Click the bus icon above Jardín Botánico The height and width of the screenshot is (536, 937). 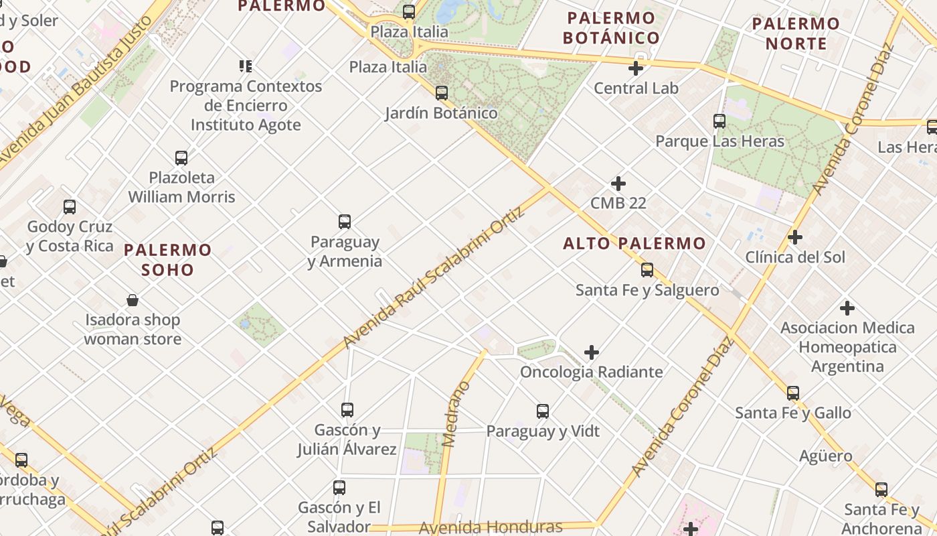[442, 93]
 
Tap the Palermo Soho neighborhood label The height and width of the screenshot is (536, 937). [167, 260]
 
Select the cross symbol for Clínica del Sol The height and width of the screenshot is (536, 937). [795, 237]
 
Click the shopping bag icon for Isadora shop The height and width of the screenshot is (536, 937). [133, 300]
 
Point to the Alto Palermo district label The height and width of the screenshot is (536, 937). [634, 243]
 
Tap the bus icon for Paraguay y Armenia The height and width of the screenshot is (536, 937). [345, 222]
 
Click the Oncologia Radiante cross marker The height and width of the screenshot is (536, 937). [592, 352]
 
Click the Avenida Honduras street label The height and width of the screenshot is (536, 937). [491, 527]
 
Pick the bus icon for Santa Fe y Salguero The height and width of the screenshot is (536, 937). [647, 270]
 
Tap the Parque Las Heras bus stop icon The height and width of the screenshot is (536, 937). [719, 121]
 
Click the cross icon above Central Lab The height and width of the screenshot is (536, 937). [636, 68]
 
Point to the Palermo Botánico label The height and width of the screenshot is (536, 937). [611, 28]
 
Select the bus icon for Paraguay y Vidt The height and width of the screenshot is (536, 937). [543, 411]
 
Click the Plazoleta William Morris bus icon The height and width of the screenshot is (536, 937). [181, 158]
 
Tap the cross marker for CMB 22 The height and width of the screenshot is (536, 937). [618, 183]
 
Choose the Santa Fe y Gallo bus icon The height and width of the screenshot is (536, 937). [793, 393]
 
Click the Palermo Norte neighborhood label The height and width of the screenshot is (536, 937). [796, 33]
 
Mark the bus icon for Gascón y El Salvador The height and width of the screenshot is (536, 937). [339, 488]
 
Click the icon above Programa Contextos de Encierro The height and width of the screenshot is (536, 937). [246, 66]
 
